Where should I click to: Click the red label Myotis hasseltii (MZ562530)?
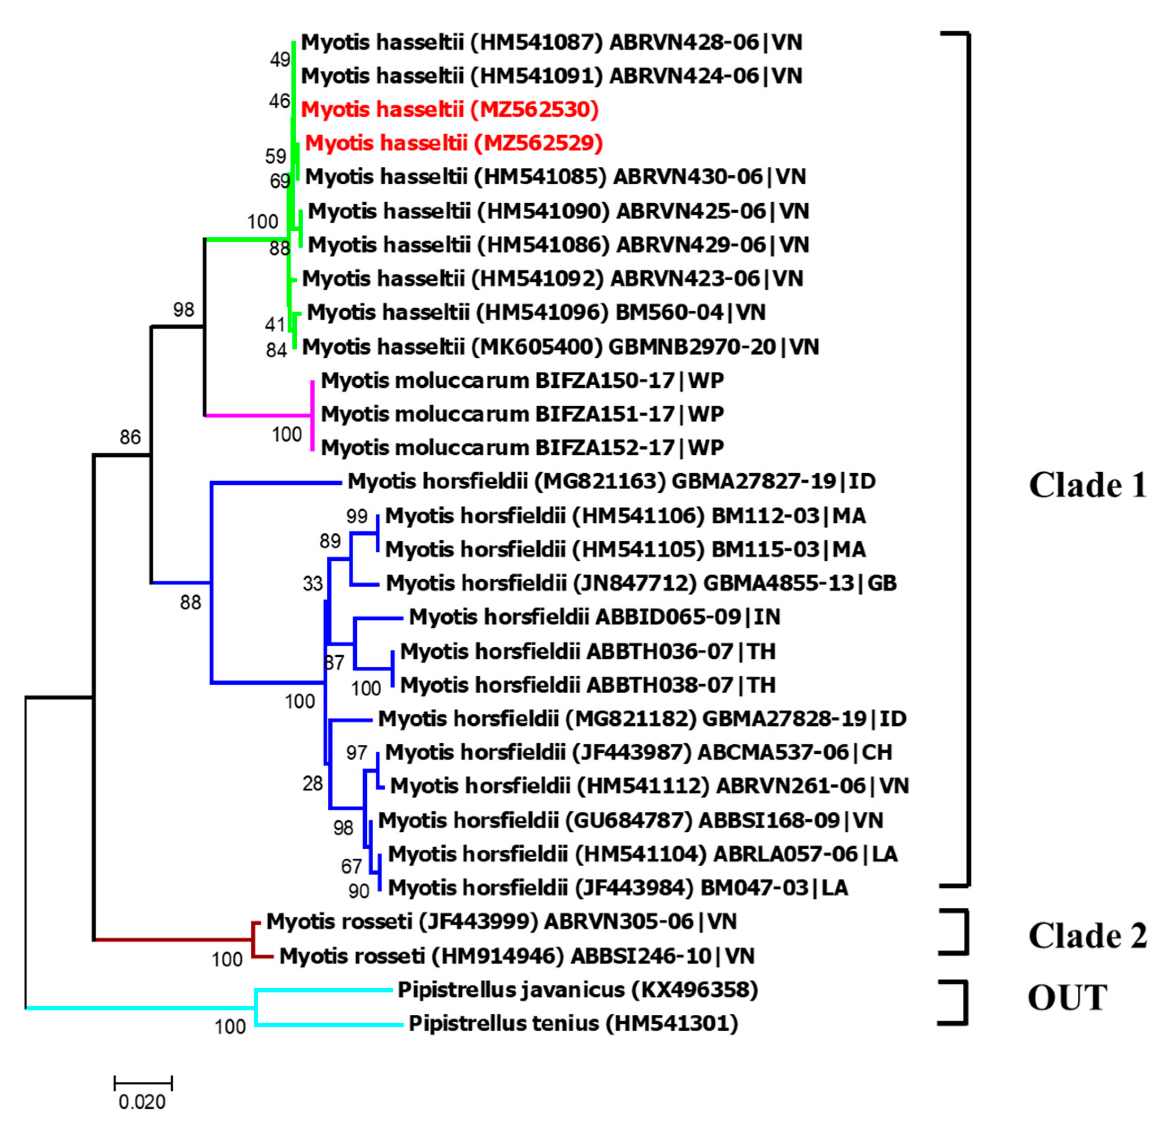(x=449, y=110)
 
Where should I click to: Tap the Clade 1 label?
(x=1088, y=486)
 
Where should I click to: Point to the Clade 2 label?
(x=1088, y=935)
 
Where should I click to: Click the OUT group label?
(x=1067, y=998)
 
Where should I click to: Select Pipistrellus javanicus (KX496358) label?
(x=577, y=990)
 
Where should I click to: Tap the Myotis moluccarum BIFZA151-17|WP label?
(x=522, y=414)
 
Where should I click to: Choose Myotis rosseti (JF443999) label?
(x=501, y=922)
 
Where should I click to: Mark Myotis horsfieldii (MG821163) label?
(x=612, y=482)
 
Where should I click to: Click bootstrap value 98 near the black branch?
(x=183, y=310)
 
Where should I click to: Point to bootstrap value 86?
(x=130, y=437)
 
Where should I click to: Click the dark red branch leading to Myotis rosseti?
(x=173, y=940)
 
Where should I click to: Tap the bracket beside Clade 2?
(x=964, y=933)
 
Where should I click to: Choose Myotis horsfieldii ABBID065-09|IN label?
(x=594, y=617)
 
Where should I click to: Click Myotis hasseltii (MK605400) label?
(x=560, y=347)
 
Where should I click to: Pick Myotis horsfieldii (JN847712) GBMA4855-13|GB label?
(x=641, y=583)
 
